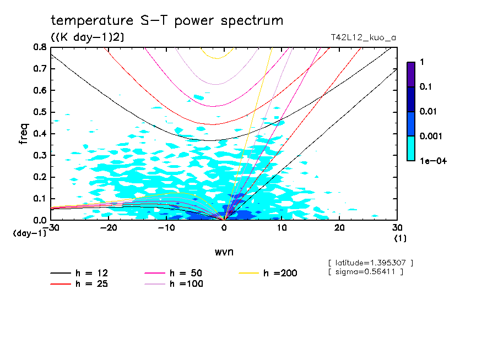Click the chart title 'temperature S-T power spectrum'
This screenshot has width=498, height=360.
point(167,21)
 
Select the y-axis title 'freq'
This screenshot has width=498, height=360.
point(24,134)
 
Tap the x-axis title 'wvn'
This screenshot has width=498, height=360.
point(224,252)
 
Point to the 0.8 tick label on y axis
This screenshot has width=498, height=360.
point(40,47)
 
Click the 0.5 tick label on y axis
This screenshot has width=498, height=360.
point(40,112)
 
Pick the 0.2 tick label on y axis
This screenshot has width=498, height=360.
point(40,177)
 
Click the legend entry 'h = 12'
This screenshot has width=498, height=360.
point(91,273)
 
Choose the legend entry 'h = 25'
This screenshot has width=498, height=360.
point(91,284)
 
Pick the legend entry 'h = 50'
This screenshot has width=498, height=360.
point(186,273)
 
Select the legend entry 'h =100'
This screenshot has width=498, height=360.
point(186,284)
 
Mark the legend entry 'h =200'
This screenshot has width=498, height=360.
point(280,273)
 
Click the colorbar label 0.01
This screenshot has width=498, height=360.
point(429,111)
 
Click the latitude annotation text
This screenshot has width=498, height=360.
point(370,263)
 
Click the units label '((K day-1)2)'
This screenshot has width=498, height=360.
point(88,37)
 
